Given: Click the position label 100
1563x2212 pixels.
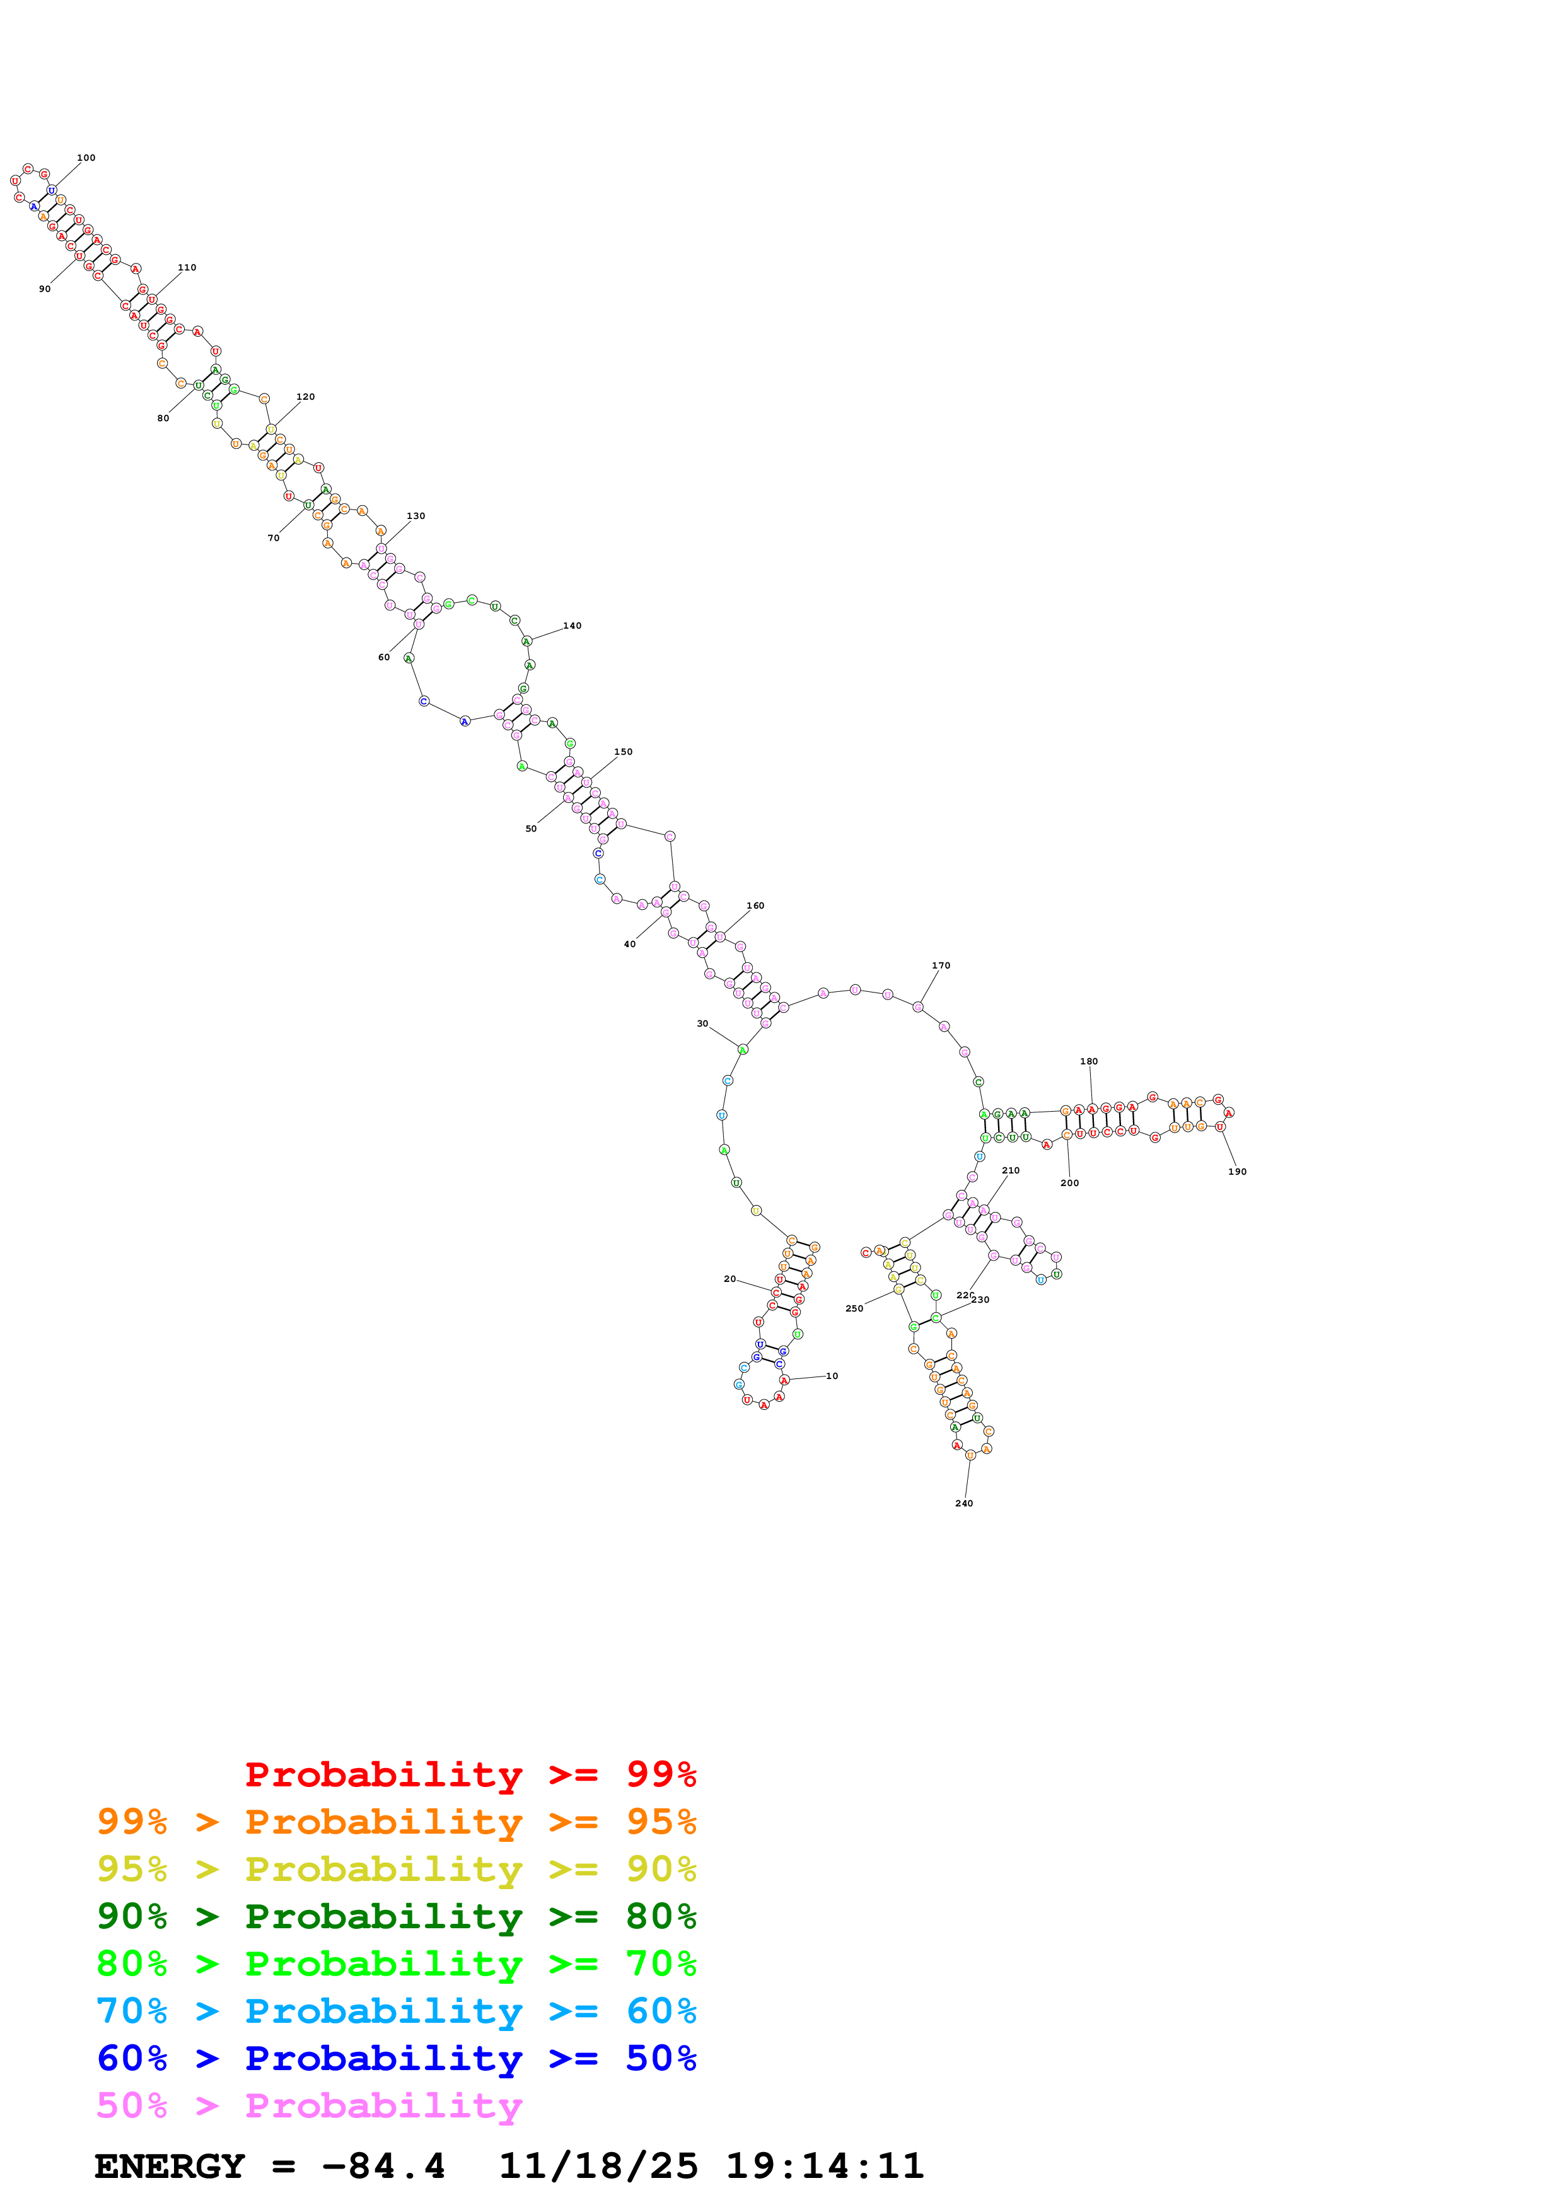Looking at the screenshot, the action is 86,158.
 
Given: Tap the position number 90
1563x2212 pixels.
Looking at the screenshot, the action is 44,289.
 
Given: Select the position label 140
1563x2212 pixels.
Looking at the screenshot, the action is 572,626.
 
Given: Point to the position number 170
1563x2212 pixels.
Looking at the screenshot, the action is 941,965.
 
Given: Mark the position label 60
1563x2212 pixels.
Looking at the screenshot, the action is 383,657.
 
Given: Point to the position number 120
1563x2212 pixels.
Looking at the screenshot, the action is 305,397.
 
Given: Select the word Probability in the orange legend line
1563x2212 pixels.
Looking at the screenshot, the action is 383,1822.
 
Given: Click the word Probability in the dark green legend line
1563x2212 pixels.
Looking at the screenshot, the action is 383,1916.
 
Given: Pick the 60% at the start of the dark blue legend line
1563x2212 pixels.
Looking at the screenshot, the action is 132,2058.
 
